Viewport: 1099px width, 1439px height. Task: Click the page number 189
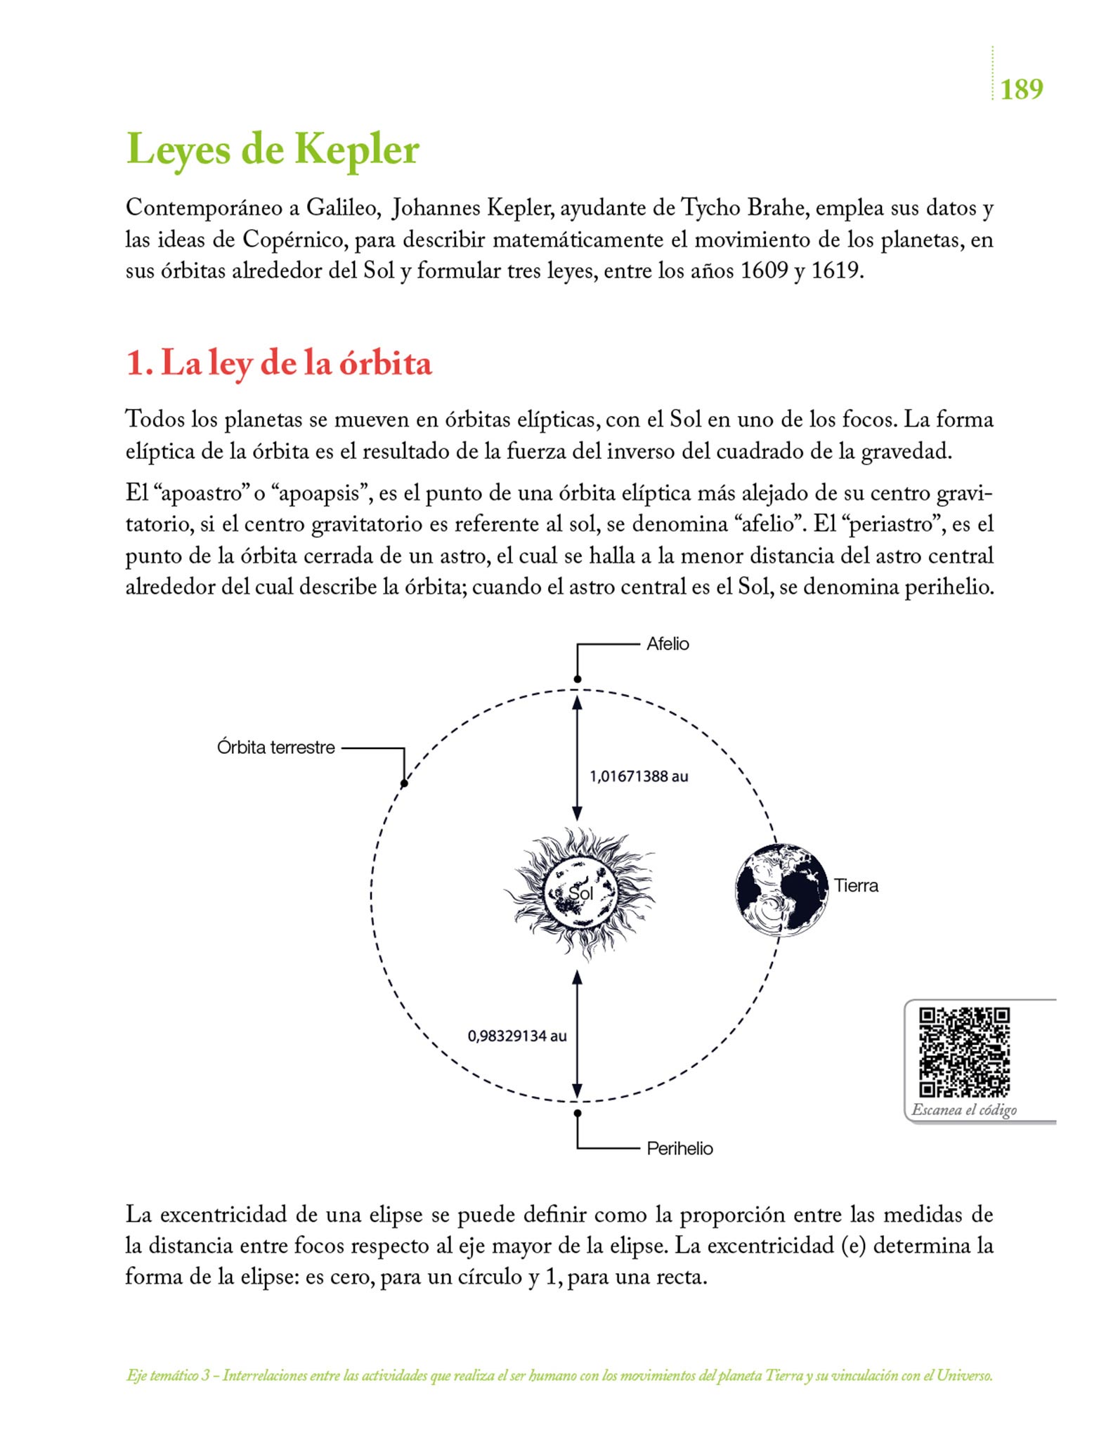tap(1021, 90)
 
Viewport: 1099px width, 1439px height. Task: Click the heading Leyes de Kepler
tap(272, 150)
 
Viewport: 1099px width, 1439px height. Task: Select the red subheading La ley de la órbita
tap(278, 364)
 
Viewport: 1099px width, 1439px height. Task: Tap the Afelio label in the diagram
tap(668, 644)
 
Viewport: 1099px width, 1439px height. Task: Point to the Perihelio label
tap(679, 1149)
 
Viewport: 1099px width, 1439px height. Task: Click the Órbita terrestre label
tap(275, 748)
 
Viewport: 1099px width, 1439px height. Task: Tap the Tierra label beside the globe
tap(856, 886)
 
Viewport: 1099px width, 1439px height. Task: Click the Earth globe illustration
tap(781, 890)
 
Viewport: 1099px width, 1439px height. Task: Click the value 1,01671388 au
tap(638, 776)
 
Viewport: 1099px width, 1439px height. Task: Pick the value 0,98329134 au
tap(516, 1036)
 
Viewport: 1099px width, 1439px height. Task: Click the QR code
tap(964, 1052)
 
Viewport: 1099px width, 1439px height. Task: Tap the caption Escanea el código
tap(964, 1110)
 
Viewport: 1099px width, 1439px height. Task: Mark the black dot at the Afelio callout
tap(578, 679)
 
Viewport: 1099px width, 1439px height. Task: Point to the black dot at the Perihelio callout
tap(578, 1113)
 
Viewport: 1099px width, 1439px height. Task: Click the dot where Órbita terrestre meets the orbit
tap(404, 783)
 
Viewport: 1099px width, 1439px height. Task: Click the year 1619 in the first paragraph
tap(835, 271)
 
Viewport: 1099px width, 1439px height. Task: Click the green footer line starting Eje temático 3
tap(559, 1376)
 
